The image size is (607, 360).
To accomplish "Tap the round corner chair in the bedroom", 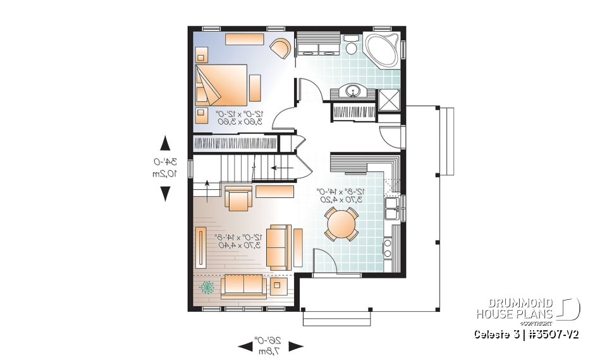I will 279,48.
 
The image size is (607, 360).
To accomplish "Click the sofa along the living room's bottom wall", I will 243,286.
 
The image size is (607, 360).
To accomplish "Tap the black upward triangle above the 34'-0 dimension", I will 164,142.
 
